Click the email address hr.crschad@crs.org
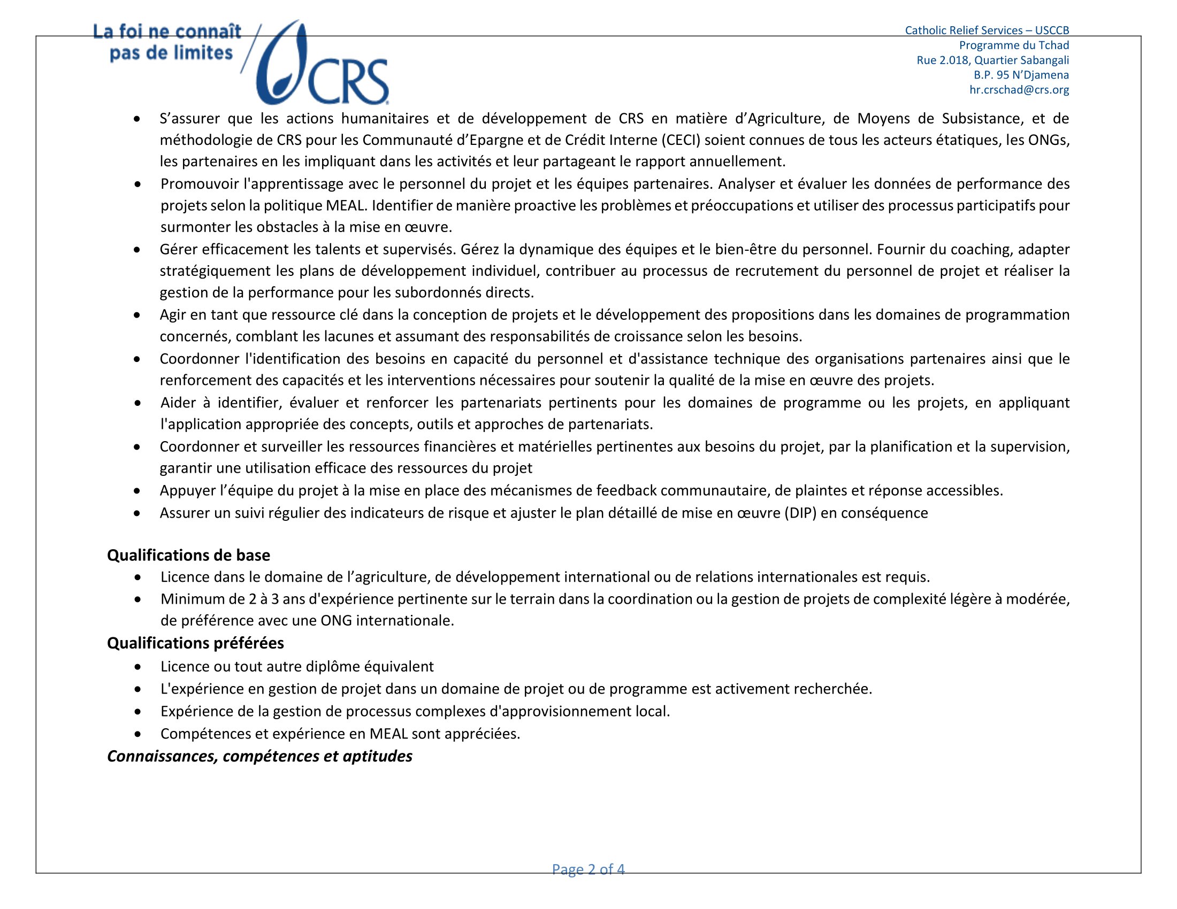pyautogui.click(x=1019, y=90)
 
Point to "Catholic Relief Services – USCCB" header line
pyautogui.click(x=986, y=30)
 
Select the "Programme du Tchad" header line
pyautogui.click(x=1014, y=45)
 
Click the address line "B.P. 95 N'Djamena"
pyautogui.click(x=1021, y=75)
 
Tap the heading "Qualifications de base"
pyautogui.click(x=189, y=555)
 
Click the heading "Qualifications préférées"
pyautogui.click(x=195, y=643)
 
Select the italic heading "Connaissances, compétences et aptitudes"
pyautogui.click(x=259, y=756)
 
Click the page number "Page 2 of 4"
pyautogui.click(x=588, y=869)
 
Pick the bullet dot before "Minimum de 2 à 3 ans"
pyautogui.click(x=139, y=599)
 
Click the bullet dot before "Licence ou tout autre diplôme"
pyautogui.click(x=139, y=667)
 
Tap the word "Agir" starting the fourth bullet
pyautogui.click(x=173, y=315)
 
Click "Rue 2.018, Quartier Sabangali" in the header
pyautogui.click(x=992, y=60)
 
